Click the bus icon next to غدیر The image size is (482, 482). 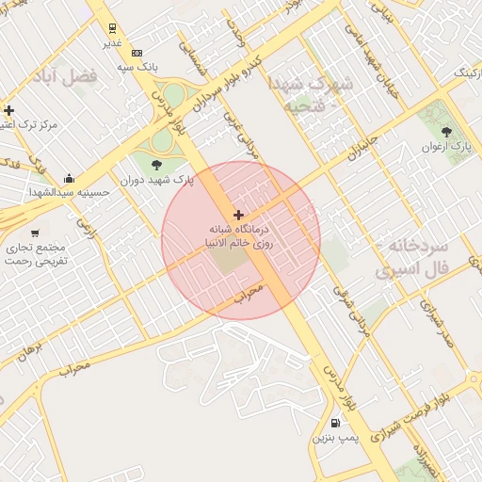click(112, 28)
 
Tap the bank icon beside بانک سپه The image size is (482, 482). click(137, 53)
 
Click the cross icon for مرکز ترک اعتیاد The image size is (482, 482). click(8, 110)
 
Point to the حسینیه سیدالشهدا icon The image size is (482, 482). click(68, 178)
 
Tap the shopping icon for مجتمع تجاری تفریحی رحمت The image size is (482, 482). click(35, 233)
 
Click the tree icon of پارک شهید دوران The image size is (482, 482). click(169, 166)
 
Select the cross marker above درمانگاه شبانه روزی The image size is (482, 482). click(238, 216)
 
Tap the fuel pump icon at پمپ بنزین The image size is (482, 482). click(336, 425)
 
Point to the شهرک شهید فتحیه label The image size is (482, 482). click(311, 95)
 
